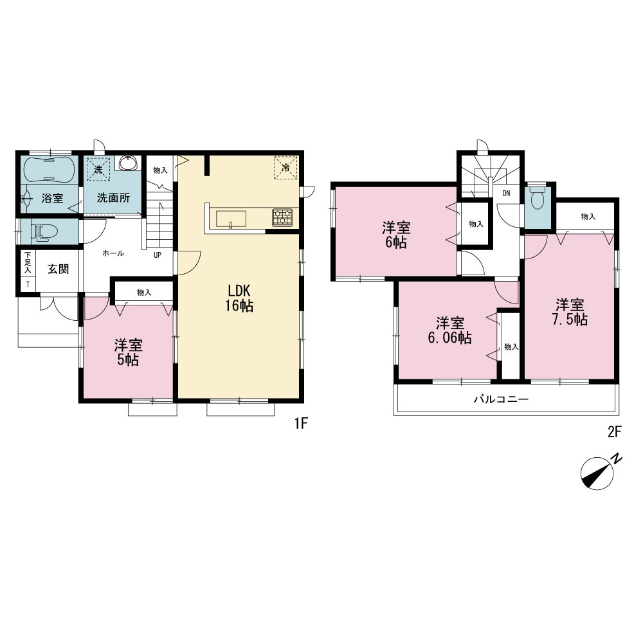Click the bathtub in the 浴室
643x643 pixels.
tap(49, 169)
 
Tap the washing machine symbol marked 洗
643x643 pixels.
tap(98, 168)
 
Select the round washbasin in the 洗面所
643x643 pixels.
tap(128, 163)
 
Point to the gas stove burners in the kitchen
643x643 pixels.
tap(282, 217)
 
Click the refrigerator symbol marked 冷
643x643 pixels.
tap(286, 168)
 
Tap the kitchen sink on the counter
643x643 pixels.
tap(231, 218)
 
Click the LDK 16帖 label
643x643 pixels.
tap(239, 298)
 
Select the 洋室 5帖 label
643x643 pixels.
tap(129, 352)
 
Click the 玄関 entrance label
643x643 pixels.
tap(59, 269)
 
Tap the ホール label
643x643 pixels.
tap(113, 253)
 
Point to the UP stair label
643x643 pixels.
tap(158, 255)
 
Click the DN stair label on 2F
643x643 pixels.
tap(507, 194)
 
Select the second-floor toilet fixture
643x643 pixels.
tap(537, 198)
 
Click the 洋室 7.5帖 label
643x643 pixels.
tap(570, 312)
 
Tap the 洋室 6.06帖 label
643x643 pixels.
tap(450, 331)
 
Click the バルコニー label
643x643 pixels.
tap(502, 399)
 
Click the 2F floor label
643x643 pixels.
tap(614, 431)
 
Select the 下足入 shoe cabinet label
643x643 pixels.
tap(28, 262)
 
